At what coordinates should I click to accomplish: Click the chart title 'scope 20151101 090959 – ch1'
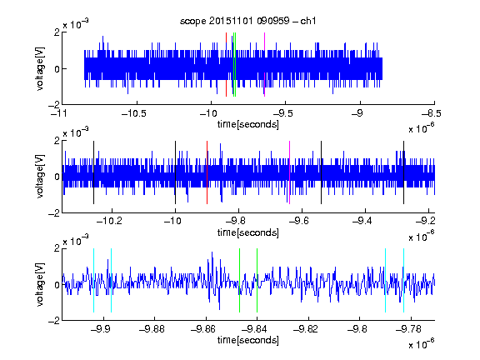point(247,21)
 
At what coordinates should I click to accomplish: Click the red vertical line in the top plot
point(226,64)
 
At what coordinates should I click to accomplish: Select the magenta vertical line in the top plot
point(264,64)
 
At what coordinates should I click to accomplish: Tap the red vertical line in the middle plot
point(207,172)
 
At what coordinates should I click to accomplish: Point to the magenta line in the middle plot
point(290,172)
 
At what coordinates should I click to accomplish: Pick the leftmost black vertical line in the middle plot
point(93,172)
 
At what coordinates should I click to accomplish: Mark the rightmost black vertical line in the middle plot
point(404,172)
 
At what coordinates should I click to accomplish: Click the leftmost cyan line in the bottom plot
point(93,280)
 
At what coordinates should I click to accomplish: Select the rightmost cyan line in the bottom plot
point(404,280)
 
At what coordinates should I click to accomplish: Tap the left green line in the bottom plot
point(239,280)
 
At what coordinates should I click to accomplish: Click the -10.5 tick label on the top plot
point(134,113)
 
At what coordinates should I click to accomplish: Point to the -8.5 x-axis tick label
point(432,113)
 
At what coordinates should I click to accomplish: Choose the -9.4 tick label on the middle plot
point(362,221)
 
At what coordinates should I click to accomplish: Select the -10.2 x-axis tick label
point(109,221)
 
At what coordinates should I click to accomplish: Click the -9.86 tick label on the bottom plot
point(203,329)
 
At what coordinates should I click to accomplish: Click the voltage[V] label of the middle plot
point(40,177)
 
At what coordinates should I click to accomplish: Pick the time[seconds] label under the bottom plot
point(248,340)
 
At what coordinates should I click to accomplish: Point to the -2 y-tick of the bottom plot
point(54,321)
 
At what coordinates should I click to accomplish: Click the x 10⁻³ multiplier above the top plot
point(76,23)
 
